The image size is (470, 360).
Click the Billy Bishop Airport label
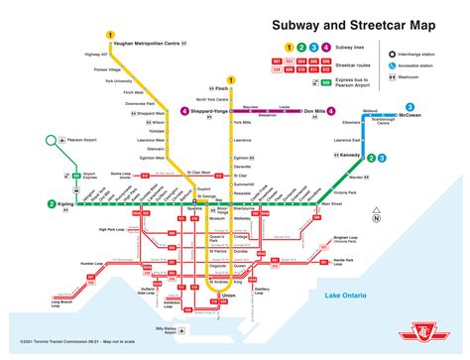point(174,330)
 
